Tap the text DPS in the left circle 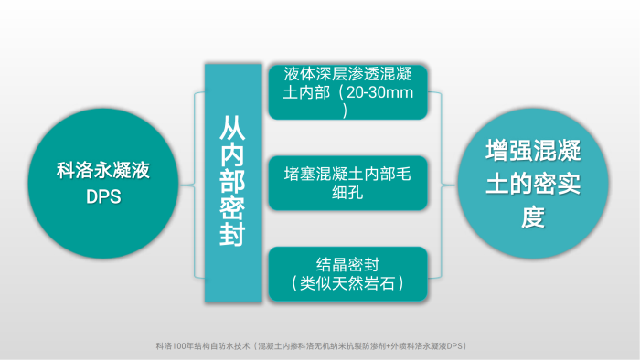[x=103, y=196]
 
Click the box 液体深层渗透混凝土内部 [x=347, y=91]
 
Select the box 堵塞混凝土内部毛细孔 [x=347, y=183]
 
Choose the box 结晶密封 [x=347, y=273]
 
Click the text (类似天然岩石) [x=347, y=284]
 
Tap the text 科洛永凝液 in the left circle [x=103, y=170]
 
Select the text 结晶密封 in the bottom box [x=347, y=263]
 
